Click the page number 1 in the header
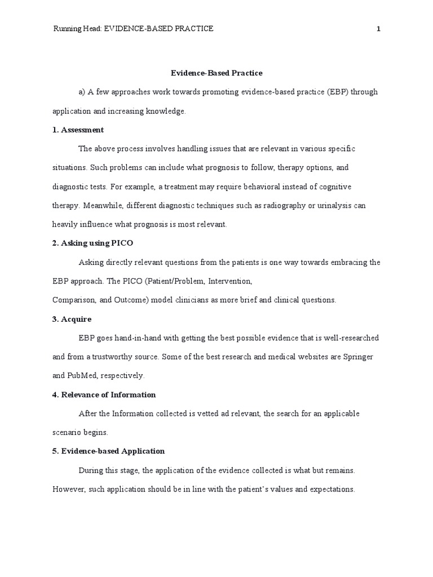[379, 29]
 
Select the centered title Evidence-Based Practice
[216, 73]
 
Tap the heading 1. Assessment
[78, 130]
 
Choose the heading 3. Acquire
[72, 319]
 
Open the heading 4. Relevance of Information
[104, 394]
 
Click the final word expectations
[332, 489]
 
